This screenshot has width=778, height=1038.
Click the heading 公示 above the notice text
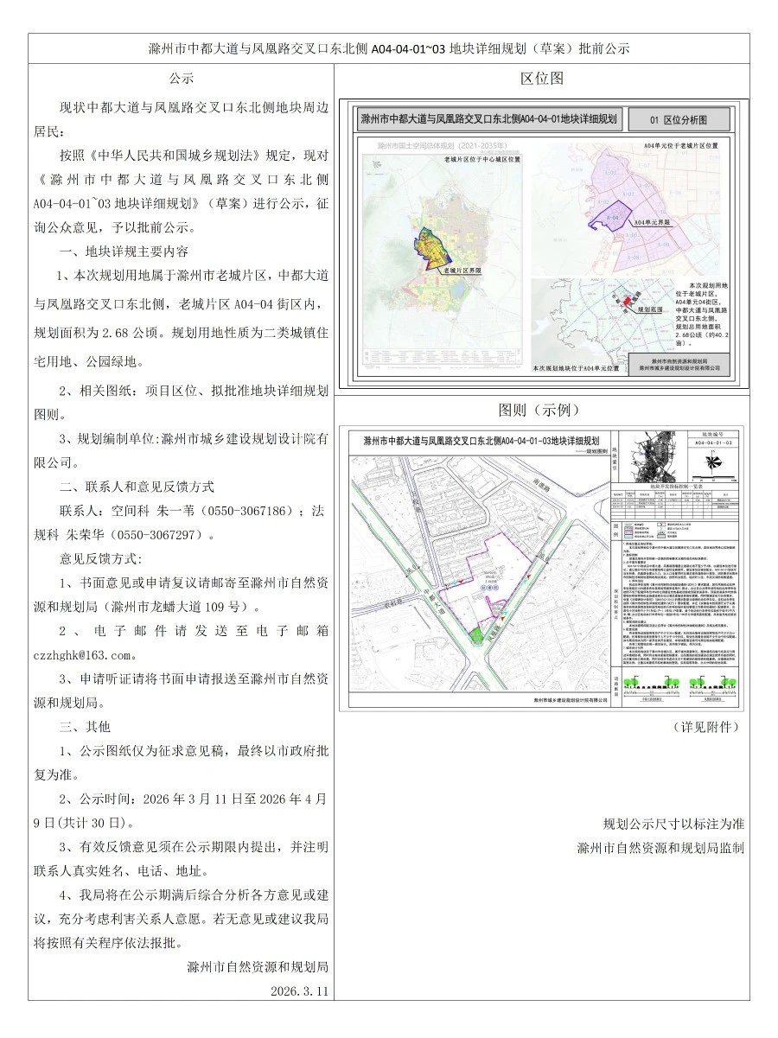[181, 78]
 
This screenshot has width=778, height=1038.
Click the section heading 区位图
[542, 78]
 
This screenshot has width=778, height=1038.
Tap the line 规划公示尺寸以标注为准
[673, 823]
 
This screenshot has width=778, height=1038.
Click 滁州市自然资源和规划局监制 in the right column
[660, 848]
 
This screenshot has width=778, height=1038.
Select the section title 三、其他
[85, 727]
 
